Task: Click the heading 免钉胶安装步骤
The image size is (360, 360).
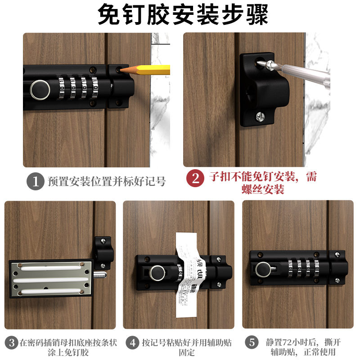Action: pos(180,15)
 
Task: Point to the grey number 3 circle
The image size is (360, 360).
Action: pos(12,342)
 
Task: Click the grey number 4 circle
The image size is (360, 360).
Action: pos(132,342)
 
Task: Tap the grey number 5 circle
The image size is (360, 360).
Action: pos(252,342)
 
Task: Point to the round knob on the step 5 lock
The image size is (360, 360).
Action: pos(263,270)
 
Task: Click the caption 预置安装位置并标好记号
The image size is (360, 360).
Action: pos(107,182)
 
